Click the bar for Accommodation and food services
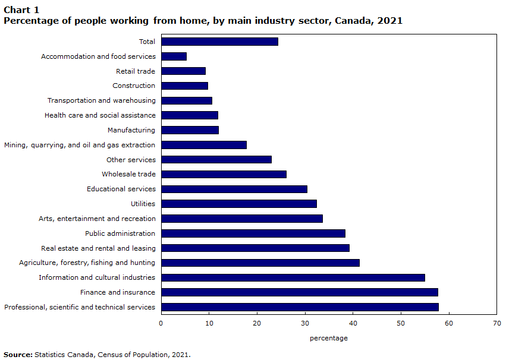(174, 56)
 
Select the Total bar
(220, 42)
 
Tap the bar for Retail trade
(184, 71)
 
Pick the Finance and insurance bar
(300, 292)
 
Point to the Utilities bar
(239, 204)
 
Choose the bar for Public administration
(253, 233)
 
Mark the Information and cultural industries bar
(293, 277)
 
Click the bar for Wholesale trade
(224, 175)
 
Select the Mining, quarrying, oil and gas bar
(204, 145)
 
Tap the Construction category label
(134, 86)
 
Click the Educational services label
(121, 189)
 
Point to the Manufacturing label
(131, 130)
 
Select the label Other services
(131, 160)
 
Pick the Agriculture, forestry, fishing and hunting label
(87, 263)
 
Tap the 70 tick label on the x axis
(497, 323)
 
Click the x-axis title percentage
(329, 339)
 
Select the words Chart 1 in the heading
(21, 10)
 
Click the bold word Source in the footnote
(18, 355)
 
